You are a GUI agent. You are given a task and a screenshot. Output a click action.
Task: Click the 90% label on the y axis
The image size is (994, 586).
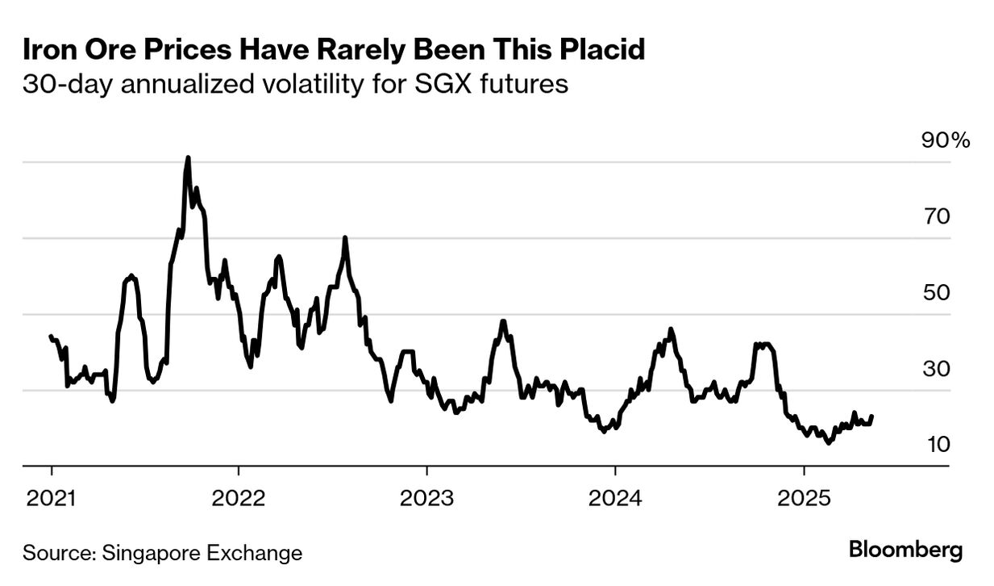[x=946, y=140]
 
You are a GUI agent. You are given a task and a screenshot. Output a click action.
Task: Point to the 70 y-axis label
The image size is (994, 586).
[x=937, y=216]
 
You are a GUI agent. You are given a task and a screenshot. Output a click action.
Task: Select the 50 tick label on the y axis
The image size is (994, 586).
[x=937, y=292]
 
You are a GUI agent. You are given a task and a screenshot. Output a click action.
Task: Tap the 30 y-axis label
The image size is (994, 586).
[x=937, y=369]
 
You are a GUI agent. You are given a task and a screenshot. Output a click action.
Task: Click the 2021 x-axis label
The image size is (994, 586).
[x=52, y=497]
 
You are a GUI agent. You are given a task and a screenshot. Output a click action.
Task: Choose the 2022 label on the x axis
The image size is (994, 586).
[x=239, y=497]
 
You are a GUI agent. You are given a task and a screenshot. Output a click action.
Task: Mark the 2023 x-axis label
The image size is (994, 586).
[x=426, y=497]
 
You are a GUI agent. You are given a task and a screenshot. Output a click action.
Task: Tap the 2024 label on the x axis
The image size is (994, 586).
[x=615, y=497]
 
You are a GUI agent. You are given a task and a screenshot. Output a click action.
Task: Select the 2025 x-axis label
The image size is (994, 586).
[x=803, y=497]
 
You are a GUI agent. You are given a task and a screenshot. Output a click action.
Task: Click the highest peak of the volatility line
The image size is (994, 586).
[x=188, y=158]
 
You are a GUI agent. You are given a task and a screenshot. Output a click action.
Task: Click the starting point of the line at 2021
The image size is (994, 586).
[x=51, y=336]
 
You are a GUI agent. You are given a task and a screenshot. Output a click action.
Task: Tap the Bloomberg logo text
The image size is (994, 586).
[x=905, y=551]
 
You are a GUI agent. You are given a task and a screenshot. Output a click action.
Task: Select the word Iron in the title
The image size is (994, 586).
[x=49, y=50]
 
